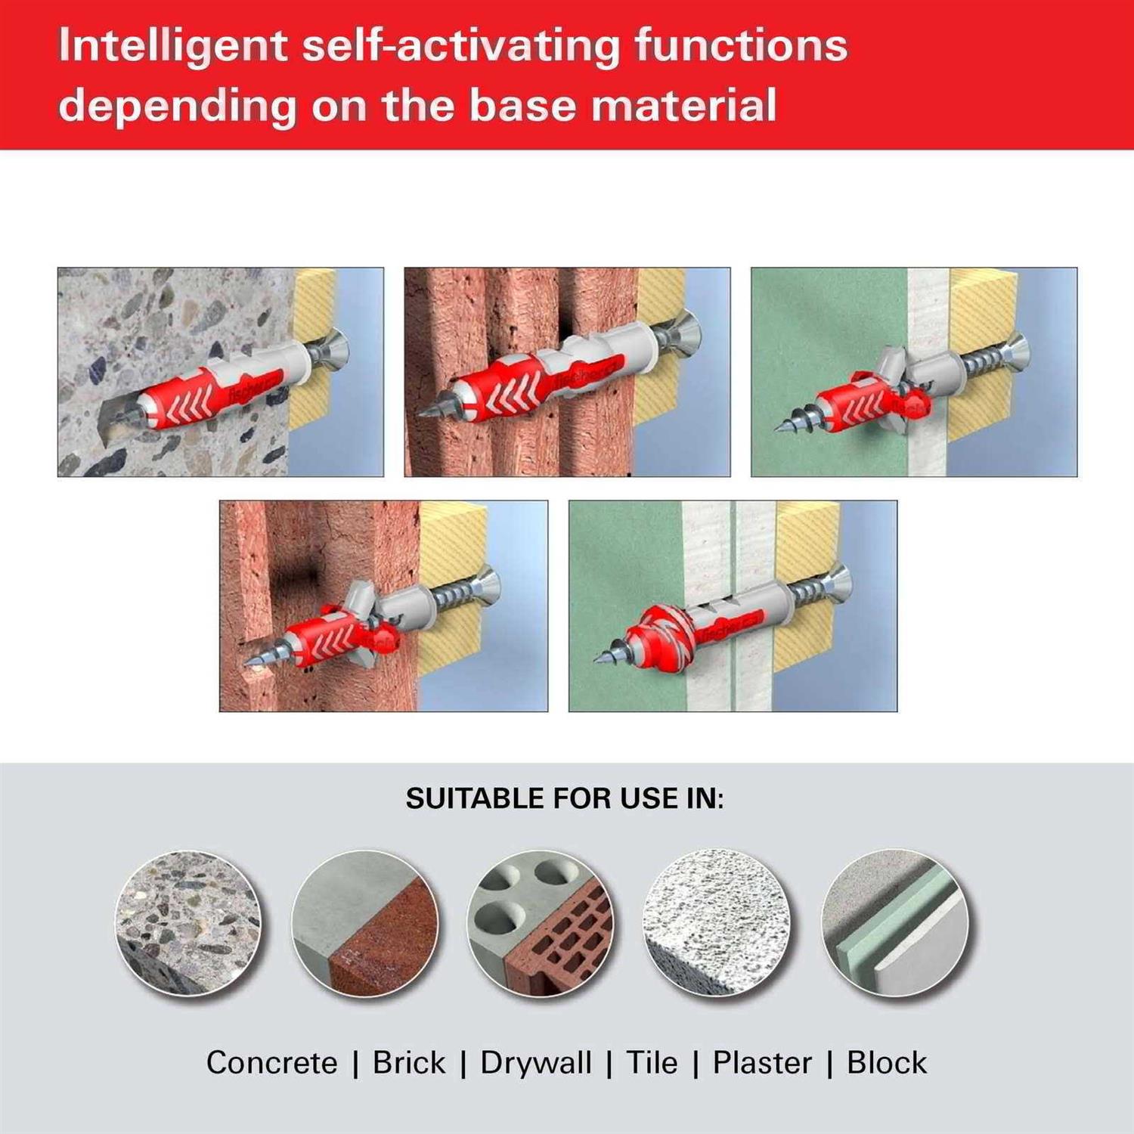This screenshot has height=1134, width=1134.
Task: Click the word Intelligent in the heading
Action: (x=172, y=46)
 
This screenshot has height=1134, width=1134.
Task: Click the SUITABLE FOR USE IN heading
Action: (x=565, y=799)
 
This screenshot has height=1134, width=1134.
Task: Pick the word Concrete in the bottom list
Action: (x=271, y=1062)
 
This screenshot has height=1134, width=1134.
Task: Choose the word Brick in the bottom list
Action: (x=409, y=1062)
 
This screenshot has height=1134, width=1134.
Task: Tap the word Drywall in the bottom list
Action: (x=536, y=1062)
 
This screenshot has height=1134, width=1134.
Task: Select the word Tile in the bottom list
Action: (x=652, y=1062)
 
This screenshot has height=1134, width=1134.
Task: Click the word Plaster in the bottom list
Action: (x=762, y=1062)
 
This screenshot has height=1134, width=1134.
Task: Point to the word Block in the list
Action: (x=886, y=1062)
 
